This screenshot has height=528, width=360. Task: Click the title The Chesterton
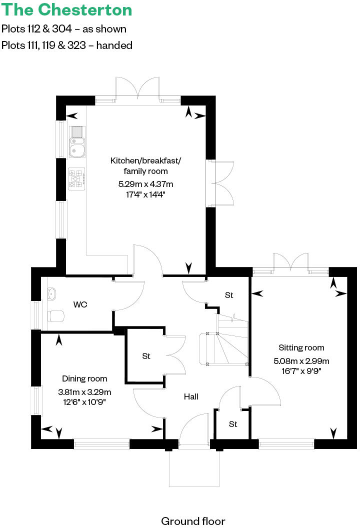click(67, 9)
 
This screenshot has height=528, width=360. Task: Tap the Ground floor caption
click(193, 521)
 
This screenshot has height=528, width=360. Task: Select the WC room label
click(80, 304)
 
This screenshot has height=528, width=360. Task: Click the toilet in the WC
click(56, 315)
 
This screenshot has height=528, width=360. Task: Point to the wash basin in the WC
click(51, 293)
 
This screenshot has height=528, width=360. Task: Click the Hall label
click(191, 396)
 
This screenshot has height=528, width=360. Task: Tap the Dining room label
click(84, 378)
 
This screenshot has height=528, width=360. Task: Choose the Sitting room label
click(301, 347)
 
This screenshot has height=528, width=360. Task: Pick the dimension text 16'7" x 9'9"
click(301, 371)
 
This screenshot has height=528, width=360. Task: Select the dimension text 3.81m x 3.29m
click(84, 391)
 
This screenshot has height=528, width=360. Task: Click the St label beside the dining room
click(146, 356)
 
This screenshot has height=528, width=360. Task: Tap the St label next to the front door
click(233, 424)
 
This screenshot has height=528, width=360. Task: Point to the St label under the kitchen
click(229, 295)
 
